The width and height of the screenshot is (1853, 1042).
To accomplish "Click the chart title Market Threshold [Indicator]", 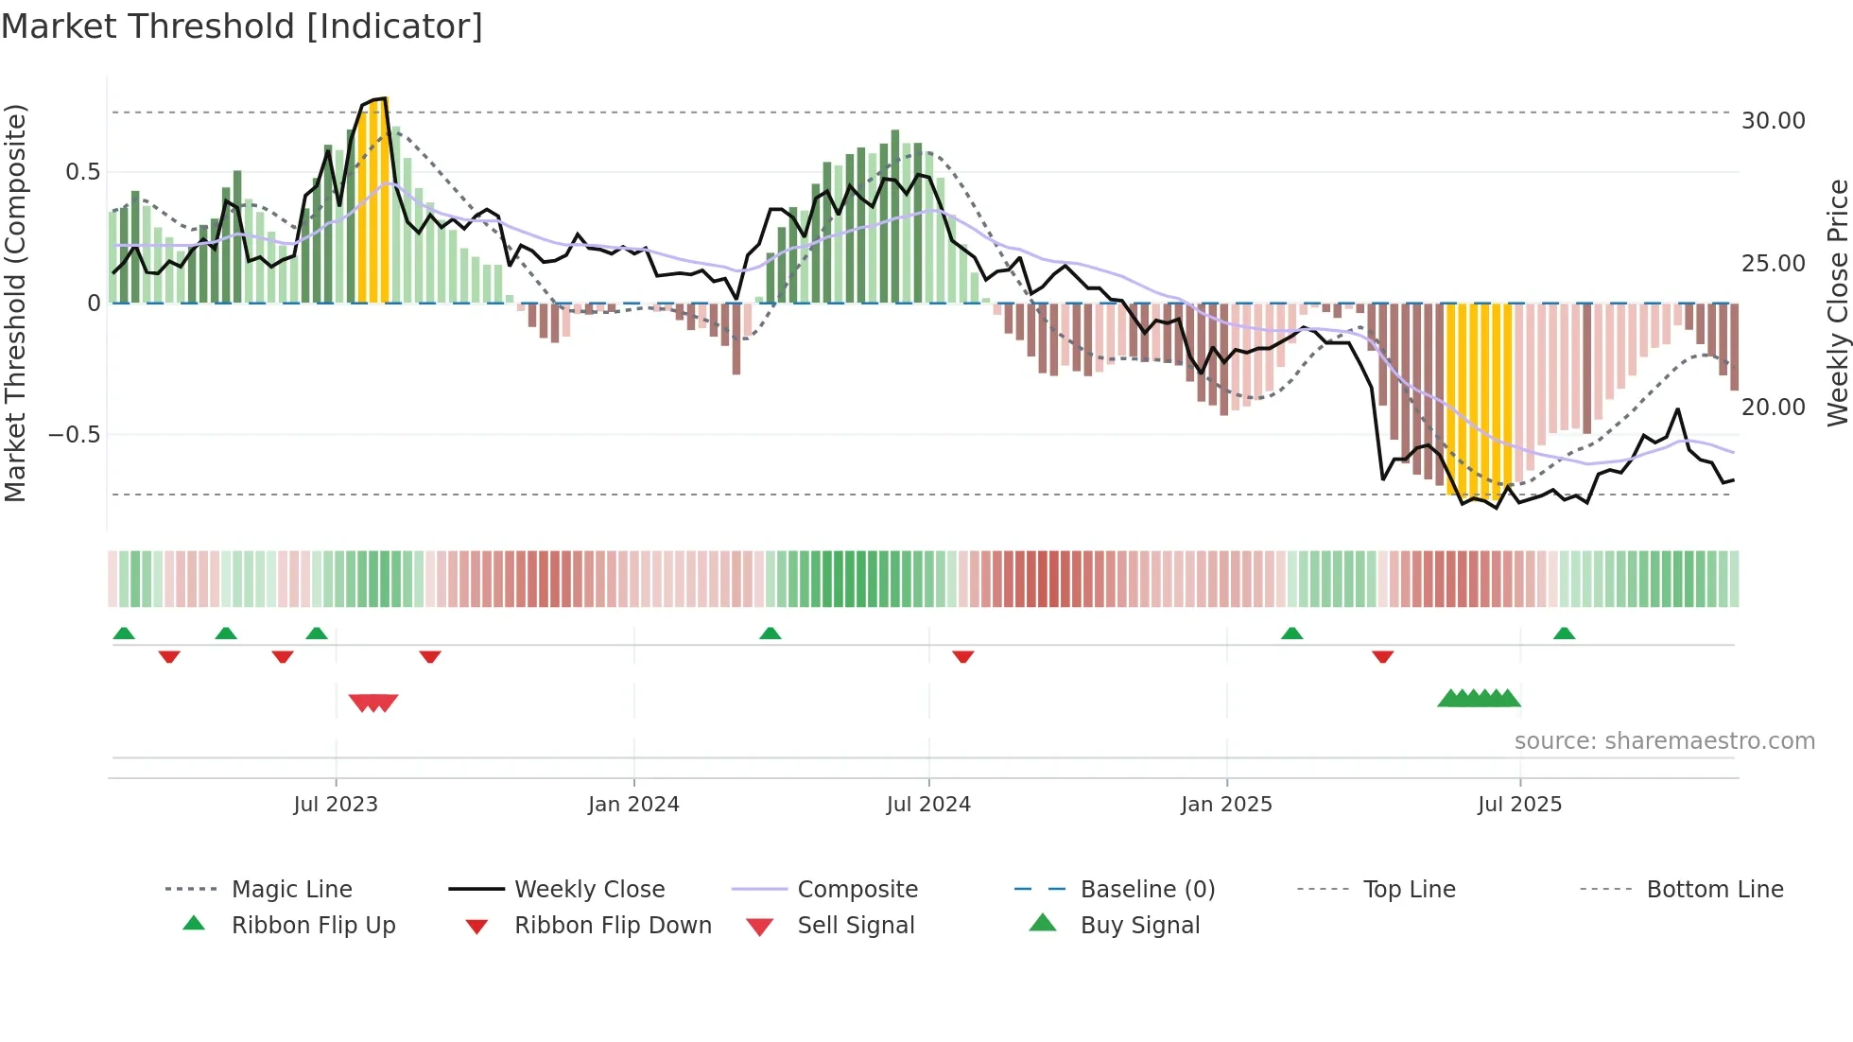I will click(x=242, y=26).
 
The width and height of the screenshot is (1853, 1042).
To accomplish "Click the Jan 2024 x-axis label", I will click(x=633, y=804).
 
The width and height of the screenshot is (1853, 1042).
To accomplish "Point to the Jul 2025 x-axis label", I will click(x=1519, y=804).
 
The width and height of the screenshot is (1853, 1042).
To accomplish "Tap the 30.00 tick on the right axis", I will click(x=1773, y=121).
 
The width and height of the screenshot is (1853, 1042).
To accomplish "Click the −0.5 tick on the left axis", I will click(x=74, y=435).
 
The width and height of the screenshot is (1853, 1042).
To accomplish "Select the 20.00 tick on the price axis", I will click(x=1773, y=408).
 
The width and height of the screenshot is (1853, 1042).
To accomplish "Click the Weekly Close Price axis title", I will click(x=1837, y=303).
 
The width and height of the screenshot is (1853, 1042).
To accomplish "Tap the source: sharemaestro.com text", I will click(x=1664, y=741).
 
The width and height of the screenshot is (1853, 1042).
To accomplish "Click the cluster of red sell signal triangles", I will click(x=373, y=702).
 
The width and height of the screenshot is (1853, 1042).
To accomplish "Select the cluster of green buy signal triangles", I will click(x=1480, y=699).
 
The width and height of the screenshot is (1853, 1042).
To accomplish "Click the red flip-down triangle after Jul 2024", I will click(x=963, y=656).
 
